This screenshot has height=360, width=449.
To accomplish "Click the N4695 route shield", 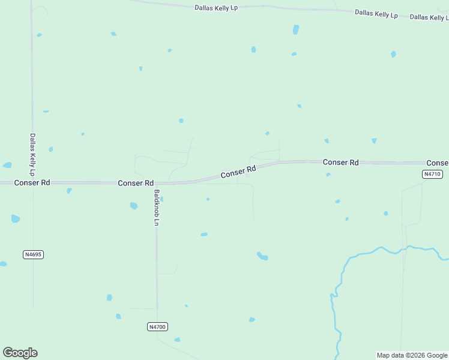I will tap(34, 254).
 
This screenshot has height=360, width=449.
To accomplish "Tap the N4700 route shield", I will tap(157, 326).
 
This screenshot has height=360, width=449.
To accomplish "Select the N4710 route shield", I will tap(432, 174).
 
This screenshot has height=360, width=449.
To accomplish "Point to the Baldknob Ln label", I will tap(157, 208).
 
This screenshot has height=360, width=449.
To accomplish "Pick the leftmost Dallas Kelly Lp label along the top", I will tap(216, 8).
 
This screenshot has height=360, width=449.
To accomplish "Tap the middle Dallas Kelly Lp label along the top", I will tap(376, 13).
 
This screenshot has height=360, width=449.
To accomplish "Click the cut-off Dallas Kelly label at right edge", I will tap(429, 17).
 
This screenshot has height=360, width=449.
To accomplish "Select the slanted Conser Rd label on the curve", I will tap(238, 172).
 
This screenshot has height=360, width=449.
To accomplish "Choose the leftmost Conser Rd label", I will tap(32, 182).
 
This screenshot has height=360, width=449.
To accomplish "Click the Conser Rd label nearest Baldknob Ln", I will tap(136, 183).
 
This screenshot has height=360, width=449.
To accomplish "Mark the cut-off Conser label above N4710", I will tap(437, 163).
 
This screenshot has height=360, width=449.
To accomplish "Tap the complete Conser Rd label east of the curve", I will tap(340, 162).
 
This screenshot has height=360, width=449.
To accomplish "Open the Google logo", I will tap(20, 353).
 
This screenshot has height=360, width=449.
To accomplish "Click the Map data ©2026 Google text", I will tap(412, 355).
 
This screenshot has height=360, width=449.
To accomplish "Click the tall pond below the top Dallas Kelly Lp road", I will tap(295, 29).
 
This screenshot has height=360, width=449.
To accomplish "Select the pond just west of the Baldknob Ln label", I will tap(134, 206).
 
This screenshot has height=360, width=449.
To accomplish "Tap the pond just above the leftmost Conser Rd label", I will tap(7, 165).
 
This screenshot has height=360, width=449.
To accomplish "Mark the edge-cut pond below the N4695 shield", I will tap(3, 263).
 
